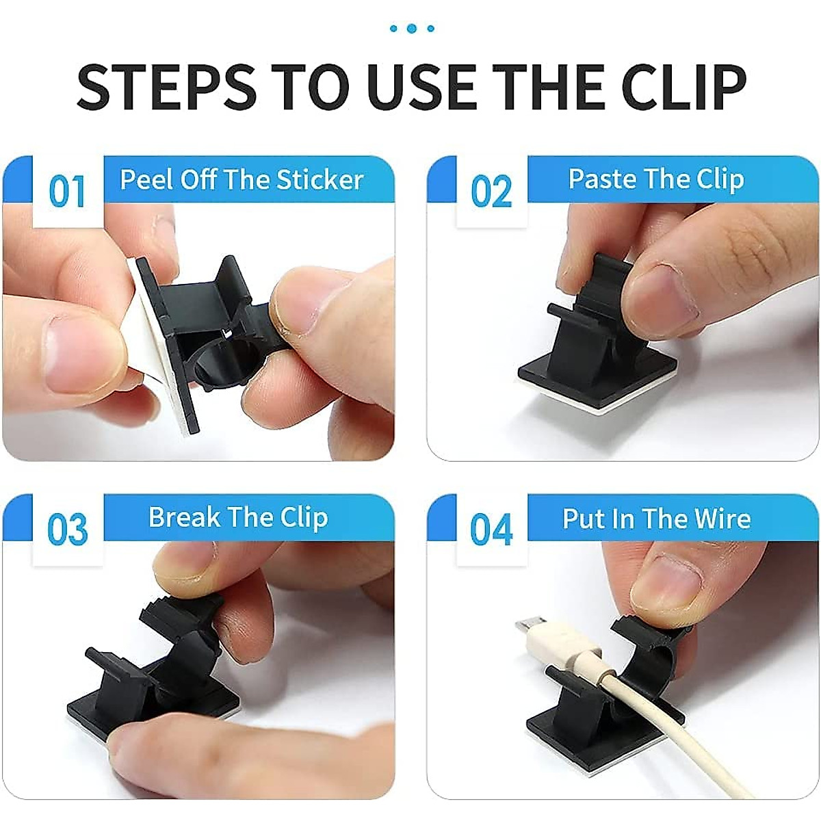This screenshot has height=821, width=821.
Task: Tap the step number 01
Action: (x=67, y=192)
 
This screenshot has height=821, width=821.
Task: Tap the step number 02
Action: (x=491, y=192)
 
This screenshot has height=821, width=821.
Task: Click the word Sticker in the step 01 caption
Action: (x=320, y=179)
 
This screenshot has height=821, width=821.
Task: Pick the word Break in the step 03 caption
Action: (x=180, y=517)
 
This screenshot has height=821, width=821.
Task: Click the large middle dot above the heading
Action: (x=412, y=28)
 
